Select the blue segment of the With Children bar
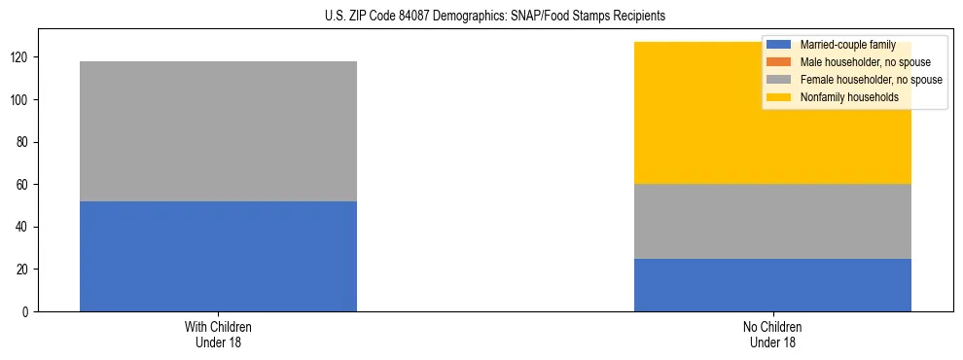coord(218,256)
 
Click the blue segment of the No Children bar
coord(772,284)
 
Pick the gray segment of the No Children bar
coord(772,221)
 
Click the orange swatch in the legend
coord(779,62)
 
